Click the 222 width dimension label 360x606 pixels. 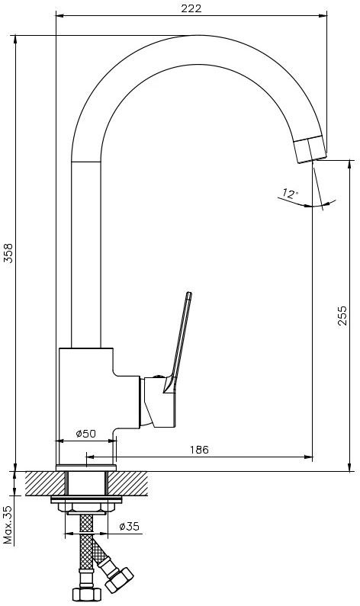pos(191,8)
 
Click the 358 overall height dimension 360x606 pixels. pos(8,253)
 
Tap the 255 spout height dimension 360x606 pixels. pos(342,316)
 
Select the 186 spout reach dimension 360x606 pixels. pos(199,450)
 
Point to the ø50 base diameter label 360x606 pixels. pos(86,434)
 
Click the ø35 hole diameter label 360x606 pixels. pos(129,527)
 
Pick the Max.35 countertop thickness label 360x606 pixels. pos(8,525)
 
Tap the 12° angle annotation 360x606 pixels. pos(291,193)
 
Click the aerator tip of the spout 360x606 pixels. pos(310,149)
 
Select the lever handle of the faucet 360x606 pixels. pos(178,342)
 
